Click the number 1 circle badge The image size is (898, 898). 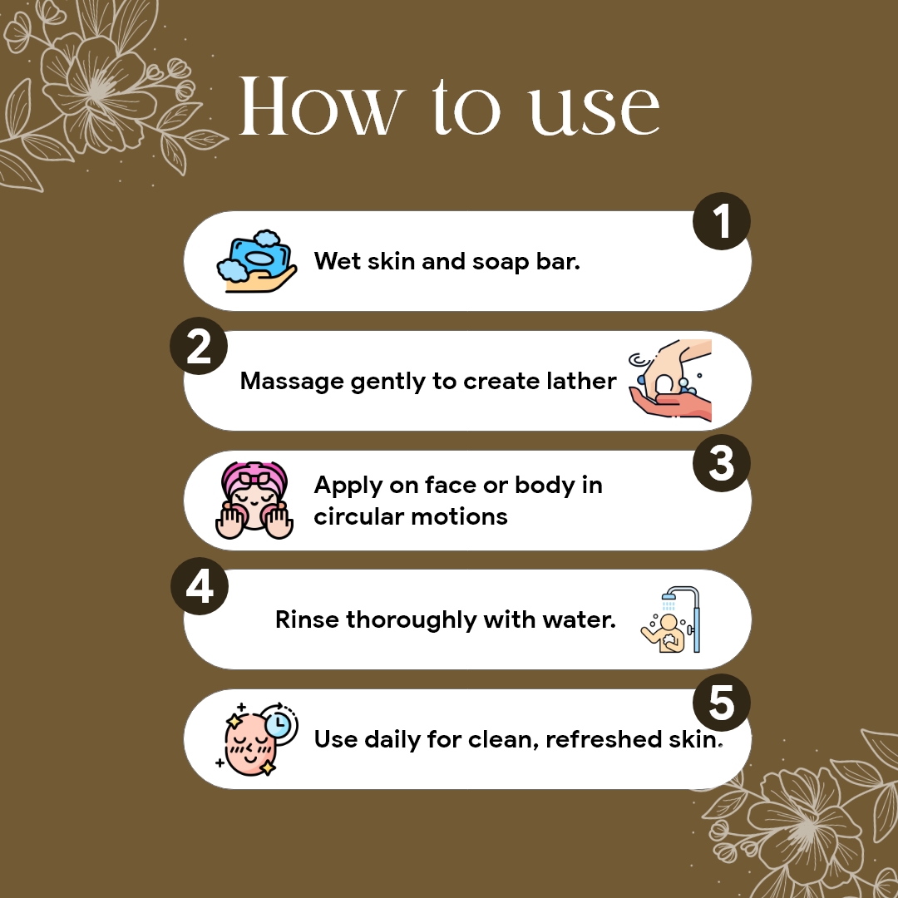[721, 222]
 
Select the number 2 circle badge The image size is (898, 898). [199, 346]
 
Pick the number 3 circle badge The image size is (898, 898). [721, 463]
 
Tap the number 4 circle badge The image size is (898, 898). [199, 587]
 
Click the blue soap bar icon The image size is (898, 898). [259, 256]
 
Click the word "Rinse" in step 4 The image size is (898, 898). [307, 620]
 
